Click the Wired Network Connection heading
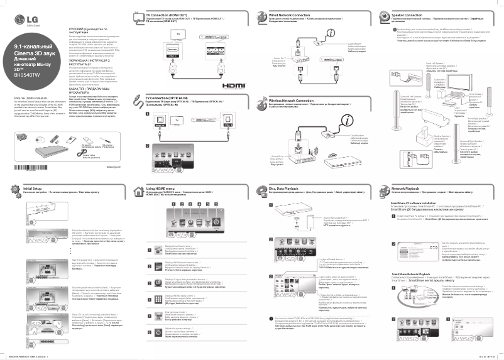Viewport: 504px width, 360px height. [x=289, y=14]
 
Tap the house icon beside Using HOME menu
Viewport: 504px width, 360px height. [x=139, y=190]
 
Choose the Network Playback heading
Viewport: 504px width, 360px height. [x=405, y=188]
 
